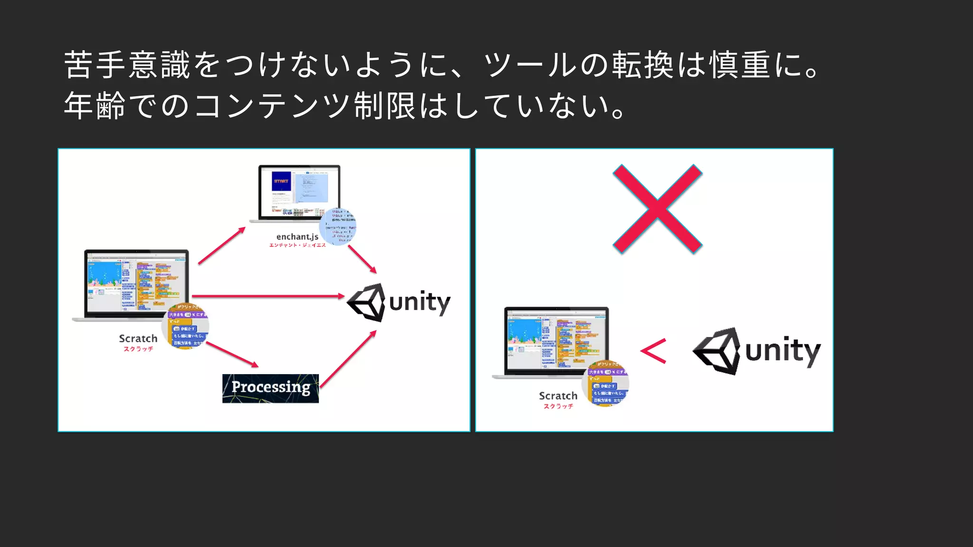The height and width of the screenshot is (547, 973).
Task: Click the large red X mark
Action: (x=657, y=209)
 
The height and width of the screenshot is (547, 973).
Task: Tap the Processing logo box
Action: (x=270, y=388)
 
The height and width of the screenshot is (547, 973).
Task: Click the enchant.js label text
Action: (x=297, y=236)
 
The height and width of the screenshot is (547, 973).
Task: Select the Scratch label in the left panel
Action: (x=138, y=339)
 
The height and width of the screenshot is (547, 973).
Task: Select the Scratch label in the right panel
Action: (x=558, y=396)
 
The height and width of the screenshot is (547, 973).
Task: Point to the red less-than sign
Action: (x=654, y=351)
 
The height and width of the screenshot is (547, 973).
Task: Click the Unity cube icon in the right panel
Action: (x=717, y=351)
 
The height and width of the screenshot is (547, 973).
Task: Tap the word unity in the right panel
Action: (x=782, y=351)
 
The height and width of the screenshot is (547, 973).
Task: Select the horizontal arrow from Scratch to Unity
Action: (x=268, y=296)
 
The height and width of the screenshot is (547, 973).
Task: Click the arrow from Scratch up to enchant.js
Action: (x=222, y=245)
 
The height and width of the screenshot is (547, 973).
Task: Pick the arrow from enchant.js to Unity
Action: (x=362, y=259)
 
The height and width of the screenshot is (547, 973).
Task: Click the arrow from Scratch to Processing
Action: (x=232, y=354)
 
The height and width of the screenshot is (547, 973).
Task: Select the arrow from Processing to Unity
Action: (x=348, y=359)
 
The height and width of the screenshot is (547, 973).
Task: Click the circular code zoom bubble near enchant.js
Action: (x=338, y=227)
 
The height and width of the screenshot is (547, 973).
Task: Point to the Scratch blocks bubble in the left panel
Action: (x=186, y=327)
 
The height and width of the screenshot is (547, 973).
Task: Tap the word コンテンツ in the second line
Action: (x=273, y=106)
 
